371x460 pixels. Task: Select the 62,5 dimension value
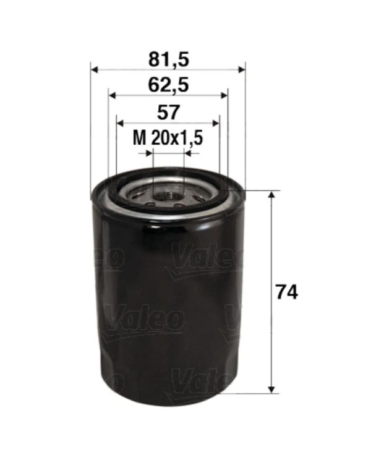pyautogui.click(x=169, y=85)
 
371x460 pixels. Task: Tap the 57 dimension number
pyautogui.click(x=168, y=112)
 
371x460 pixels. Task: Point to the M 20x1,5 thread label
pyautogui.click(x=168, y=138)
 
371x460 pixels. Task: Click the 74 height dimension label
pyautogui.click(x=287, y=292)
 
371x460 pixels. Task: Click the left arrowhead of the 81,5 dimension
pyautogui.click(x=94, y=70)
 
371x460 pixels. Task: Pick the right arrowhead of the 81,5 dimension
pyautogui.click(x=241, y=70)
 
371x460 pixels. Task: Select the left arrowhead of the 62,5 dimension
pyautogui.click(x=113, y=95)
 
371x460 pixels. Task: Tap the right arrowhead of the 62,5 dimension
pyautogui.click(x=224, y=95)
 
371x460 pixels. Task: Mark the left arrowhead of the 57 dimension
pyautogui.click(x=120, y=123)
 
